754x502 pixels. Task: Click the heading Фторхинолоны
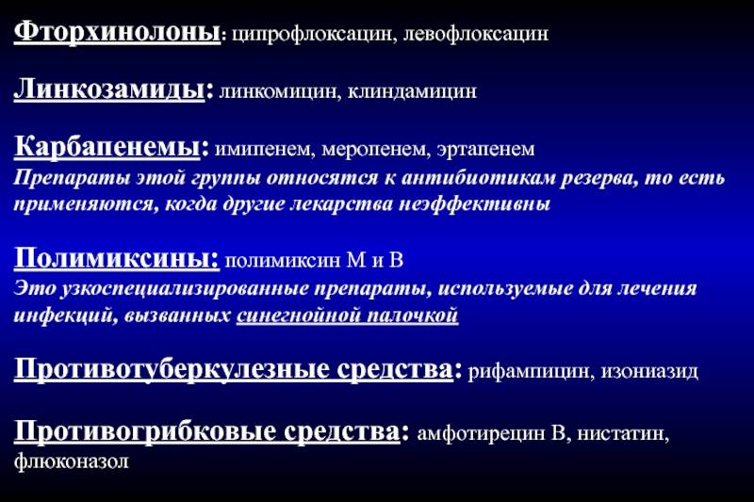pos(117,32)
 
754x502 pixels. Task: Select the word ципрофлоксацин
pos(314,34)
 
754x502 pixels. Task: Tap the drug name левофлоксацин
pos(476,34)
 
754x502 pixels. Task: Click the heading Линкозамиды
pos(109,89)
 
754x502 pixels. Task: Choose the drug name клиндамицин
pos(412,91)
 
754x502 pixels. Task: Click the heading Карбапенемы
pos(107,146)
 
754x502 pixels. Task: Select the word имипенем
pos(264,149)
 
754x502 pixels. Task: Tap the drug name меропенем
pos(375,149)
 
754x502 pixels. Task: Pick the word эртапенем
pos(485,149)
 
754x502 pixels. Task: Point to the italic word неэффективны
pos(475,204)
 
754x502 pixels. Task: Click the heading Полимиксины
pos(116,257)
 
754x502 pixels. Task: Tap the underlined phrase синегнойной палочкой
pos(347,316)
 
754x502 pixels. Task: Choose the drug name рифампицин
pos(529,371)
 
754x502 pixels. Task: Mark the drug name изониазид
pos(649,371)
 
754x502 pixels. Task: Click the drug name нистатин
pos(623,434)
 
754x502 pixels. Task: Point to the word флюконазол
pos(72,462)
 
